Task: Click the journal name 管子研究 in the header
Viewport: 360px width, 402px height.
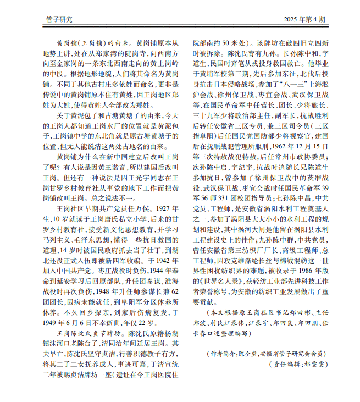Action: (x=59, y=20)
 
